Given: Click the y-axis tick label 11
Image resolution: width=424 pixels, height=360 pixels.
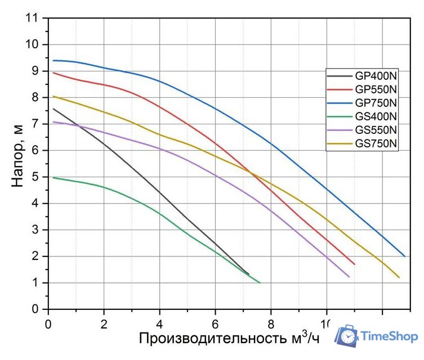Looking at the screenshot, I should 34,17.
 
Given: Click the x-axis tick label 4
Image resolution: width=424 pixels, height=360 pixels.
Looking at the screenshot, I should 160,324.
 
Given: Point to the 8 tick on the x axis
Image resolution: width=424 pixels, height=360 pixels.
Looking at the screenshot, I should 271,324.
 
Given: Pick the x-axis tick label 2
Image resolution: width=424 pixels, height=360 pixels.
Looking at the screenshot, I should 104,324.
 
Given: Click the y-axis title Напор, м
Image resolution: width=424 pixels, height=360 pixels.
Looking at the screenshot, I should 18,155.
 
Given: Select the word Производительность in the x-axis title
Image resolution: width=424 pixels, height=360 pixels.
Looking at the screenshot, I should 213,338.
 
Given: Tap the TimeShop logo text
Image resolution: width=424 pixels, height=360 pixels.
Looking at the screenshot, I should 389,336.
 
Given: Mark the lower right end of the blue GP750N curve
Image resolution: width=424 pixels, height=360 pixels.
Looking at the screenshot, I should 404,256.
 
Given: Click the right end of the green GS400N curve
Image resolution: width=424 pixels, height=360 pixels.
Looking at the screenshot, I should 260,282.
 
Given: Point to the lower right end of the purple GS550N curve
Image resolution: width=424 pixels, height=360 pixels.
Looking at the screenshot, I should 349,276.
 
